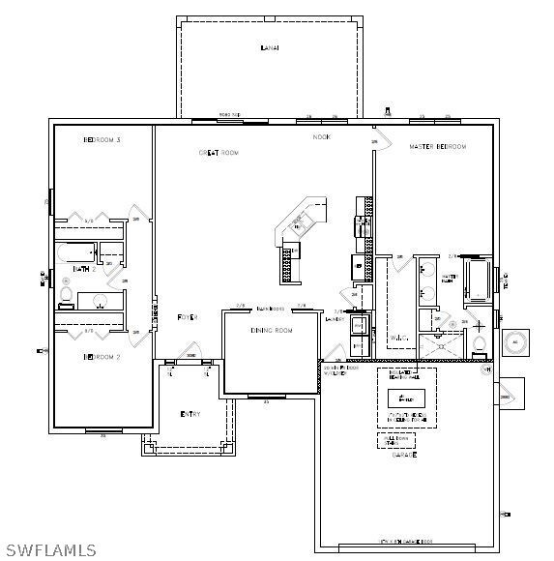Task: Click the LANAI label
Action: point(270,47)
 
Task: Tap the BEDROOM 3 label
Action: point(102,140)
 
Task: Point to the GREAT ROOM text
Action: point(219,153)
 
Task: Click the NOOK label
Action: point(321,137)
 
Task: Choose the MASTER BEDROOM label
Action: point(437,147)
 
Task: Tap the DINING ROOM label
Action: point(271,331)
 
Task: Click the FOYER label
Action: point(187,317)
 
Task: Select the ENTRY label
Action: point(190,415)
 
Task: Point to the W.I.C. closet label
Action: point(400,338)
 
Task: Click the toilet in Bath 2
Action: point(67,293)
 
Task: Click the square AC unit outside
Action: point(514,342)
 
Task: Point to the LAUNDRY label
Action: point(335,318)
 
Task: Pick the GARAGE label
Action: point(404,455)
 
